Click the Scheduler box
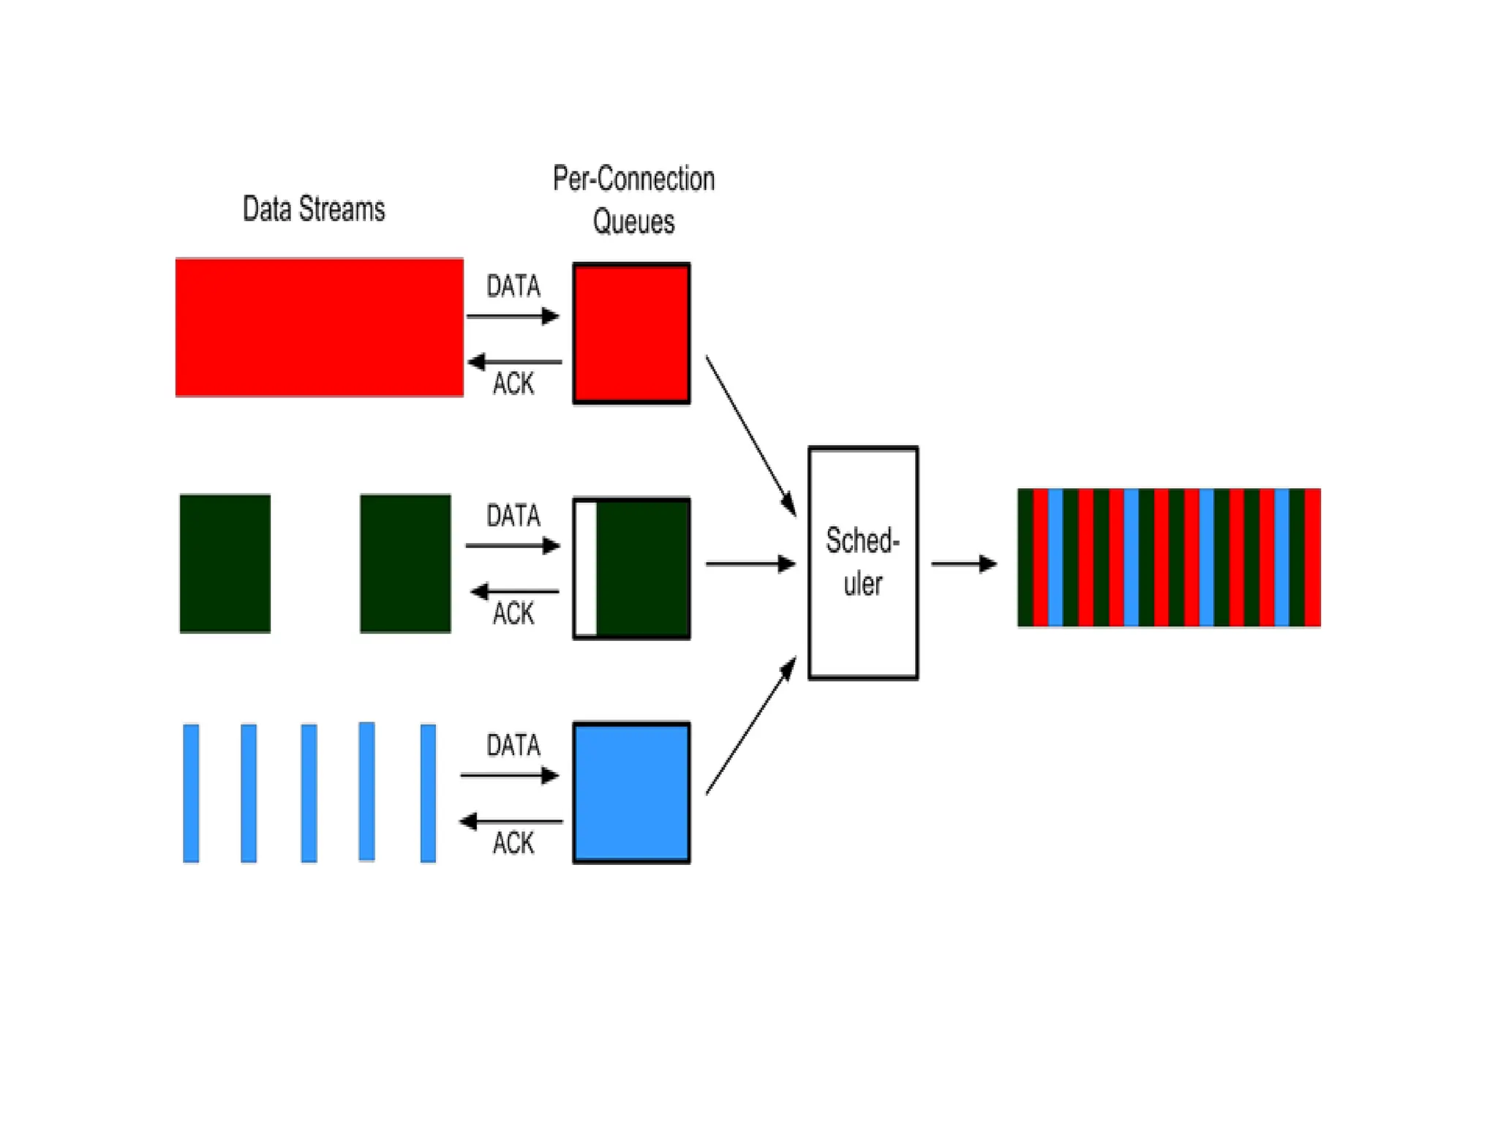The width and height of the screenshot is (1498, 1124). [x=863, y=563]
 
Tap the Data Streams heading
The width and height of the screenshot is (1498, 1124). [x=313, y=209]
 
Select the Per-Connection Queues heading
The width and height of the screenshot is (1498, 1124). [x=633, y=200]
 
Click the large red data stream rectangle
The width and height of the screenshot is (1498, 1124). [x=319, y=327]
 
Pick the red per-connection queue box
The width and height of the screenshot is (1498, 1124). [x=631, y=333]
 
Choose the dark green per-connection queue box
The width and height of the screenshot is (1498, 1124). [x=642, y=569]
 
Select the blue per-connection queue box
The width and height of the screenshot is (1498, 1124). [x=631, y=793]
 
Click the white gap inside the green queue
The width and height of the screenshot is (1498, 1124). [x=586, y=569]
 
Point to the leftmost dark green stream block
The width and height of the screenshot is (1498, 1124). [x=225, y=563]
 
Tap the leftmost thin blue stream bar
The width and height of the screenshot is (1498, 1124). [x=191, y=793]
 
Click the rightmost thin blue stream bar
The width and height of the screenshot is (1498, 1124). [x=428, y=793]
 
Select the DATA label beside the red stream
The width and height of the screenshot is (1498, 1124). [x=513, y=286]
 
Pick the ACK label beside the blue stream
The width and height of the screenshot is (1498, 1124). [x=513, y=843]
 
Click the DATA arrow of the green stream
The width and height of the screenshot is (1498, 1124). [x=513, y=546]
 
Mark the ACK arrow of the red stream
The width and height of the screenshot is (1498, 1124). [x=514, y=361]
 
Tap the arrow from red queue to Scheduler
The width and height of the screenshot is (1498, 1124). [x=750, y=435]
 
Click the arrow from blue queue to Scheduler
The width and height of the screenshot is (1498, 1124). [x=750, y=727]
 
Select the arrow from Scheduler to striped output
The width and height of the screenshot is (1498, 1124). [x=963, y=563]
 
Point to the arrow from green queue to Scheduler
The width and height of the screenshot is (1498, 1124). [x=750, y=563]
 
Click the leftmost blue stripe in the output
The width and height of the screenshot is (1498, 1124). [x=1055, y=558]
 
